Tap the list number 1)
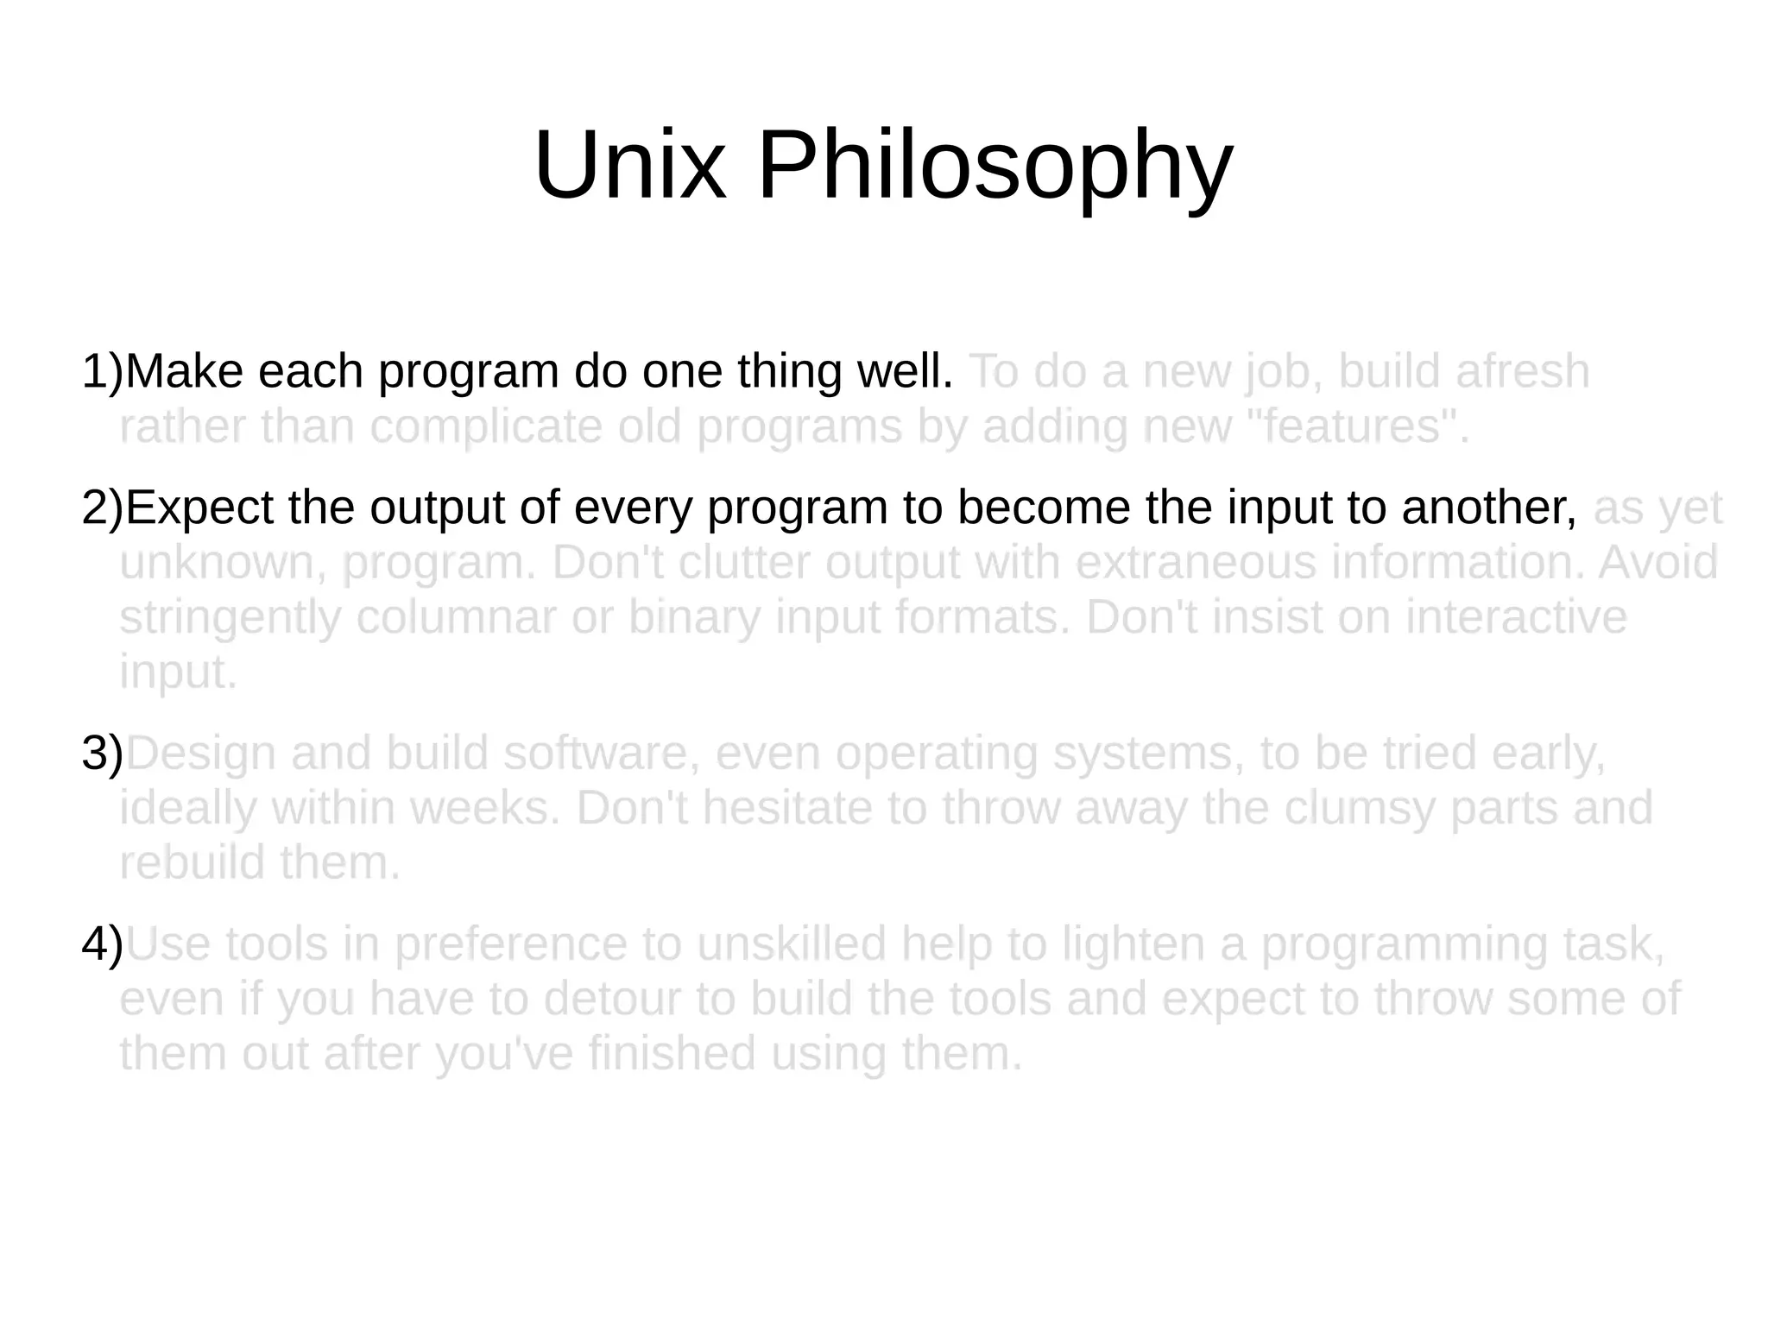click(103, 372)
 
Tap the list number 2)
click(103, 508)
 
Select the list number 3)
click(103, 754)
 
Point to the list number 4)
click(103, 945)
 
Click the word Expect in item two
click(199, 508)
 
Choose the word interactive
click(1515, 618)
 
